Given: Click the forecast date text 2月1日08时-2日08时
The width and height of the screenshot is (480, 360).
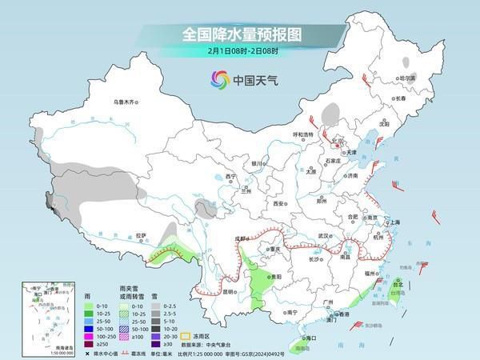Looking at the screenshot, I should (x=239, y=51).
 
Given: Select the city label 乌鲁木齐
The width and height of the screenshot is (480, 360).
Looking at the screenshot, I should (x=125, y=102).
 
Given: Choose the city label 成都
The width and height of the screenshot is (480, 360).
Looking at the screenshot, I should (x=242, y=238).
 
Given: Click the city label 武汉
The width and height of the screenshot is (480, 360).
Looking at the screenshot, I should (x=324, y=236).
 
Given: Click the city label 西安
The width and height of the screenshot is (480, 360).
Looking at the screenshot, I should (x=278, y=204).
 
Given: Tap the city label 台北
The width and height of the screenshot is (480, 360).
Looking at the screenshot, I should (x=398, y=282).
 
